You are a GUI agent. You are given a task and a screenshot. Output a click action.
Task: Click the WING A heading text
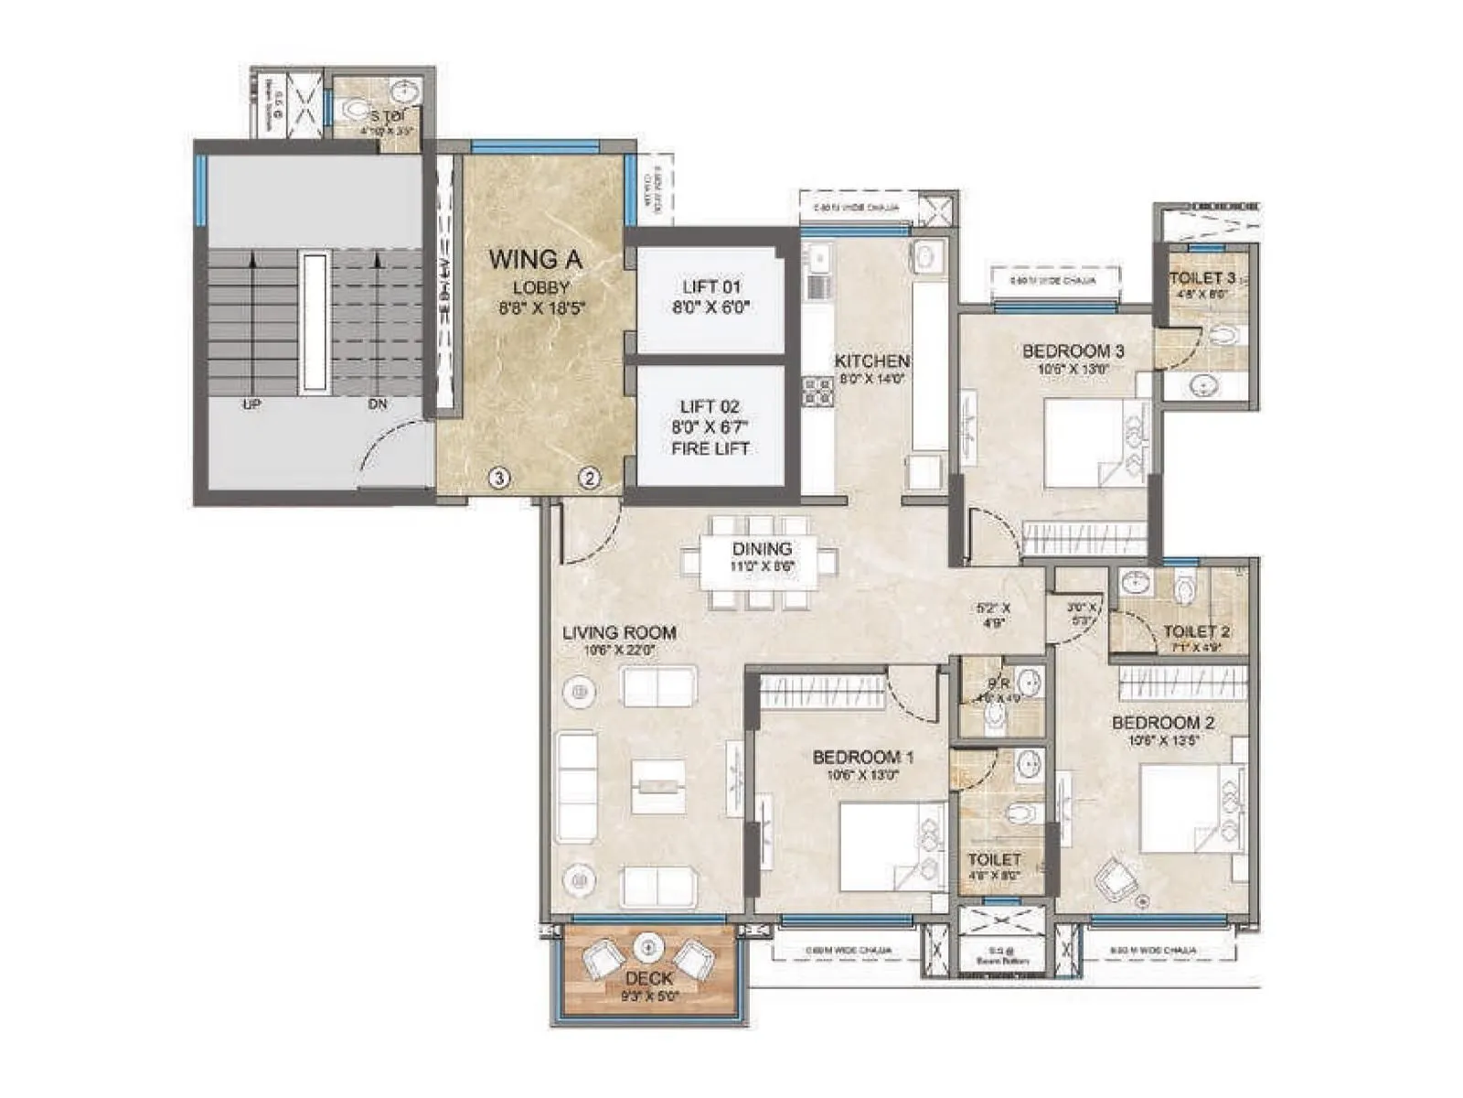[535, 259]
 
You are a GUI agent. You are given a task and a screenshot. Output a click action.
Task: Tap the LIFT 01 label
[710, 286]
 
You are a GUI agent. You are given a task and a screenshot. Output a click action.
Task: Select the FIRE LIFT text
[710, 448]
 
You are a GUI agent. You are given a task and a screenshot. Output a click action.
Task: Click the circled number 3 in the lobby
[498, 477]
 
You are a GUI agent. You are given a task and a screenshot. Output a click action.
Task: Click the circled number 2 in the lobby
[590, 477]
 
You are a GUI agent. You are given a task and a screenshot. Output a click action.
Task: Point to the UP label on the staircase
[251, 404]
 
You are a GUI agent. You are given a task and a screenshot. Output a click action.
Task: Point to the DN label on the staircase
[378, 404]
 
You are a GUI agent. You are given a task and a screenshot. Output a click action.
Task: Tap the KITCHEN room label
[871, 361]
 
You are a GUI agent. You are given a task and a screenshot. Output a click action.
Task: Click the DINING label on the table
[762, 549]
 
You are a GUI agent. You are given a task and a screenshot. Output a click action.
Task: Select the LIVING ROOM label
[619, 632]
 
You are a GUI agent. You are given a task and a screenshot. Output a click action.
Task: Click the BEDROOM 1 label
[862, 757]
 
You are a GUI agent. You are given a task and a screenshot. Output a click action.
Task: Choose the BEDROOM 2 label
[1162, 723]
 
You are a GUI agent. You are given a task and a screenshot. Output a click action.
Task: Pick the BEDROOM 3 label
[1073, 350]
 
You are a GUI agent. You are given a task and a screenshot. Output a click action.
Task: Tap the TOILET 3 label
[1202, 277]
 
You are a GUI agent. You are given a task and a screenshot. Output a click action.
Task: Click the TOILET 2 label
[1196, 631]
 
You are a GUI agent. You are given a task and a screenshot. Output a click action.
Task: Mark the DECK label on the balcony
[649, 978]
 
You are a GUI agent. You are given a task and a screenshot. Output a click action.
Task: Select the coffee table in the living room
[658, 785]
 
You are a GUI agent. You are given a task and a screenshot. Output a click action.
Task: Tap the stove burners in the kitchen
[817, 392]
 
